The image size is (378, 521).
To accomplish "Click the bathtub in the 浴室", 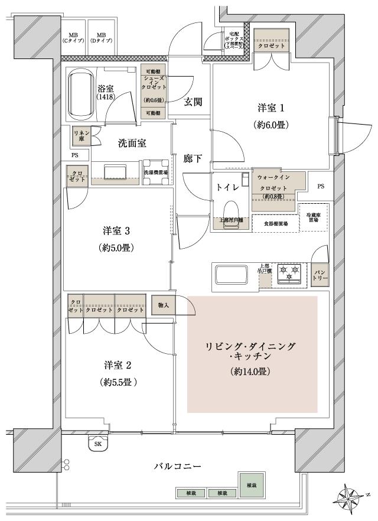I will point(81,95).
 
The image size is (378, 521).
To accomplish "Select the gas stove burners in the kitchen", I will point(290,274).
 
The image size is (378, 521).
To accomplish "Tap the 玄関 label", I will point(193,102).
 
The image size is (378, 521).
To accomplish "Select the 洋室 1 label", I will point(271,108).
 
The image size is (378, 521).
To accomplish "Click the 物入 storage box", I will point(164,305).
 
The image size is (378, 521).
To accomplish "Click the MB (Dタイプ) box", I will point(101,38).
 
